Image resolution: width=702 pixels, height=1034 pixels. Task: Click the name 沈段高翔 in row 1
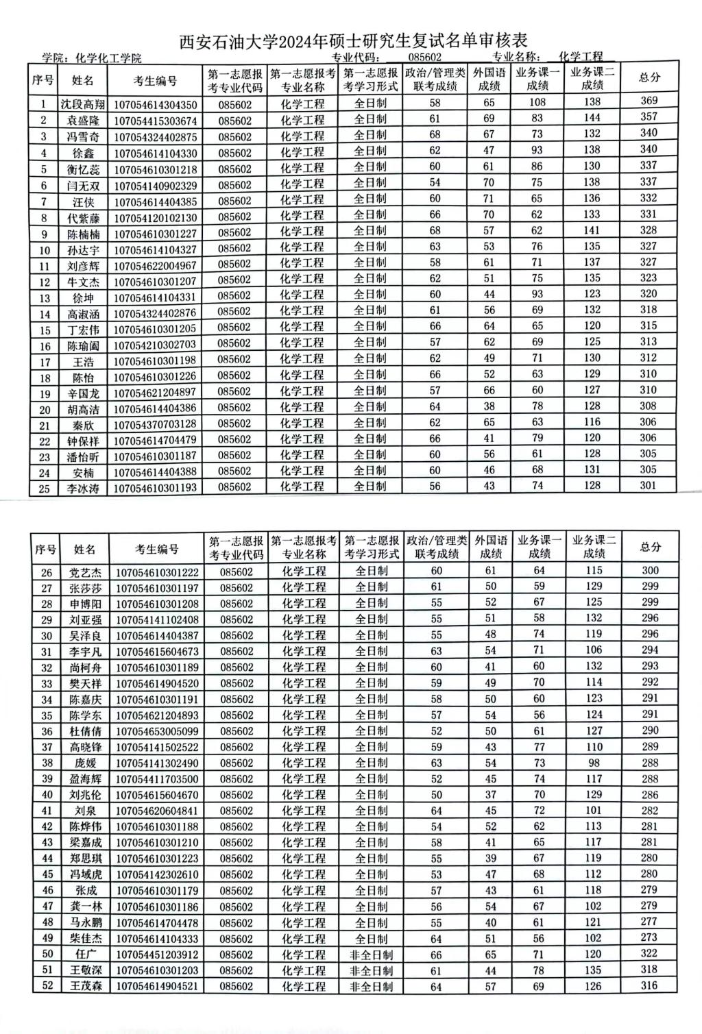click(x=83, y=105)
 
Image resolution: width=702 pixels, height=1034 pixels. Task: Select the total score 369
click(x=649, y=101)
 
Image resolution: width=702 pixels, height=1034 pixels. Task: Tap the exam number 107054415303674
click(x=155, y=121)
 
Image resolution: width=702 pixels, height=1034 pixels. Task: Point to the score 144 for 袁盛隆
click(x=592, y=118)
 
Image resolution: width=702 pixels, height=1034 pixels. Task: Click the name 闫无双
click(x=83, y=185)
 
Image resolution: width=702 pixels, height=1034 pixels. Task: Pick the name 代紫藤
click(x=83, y=217)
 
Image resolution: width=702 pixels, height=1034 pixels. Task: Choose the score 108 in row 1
click(x=537, y=102)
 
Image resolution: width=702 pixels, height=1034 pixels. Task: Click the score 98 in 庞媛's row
click(x=594, y=763)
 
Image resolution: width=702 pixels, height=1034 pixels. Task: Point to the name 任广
click(x=85, y=955)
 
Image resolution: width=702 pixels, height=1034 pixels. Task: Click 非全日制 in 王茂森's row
click(x=371, y=987)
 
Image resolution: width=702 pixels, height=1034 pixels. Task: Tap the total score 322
click(x=650, y=953)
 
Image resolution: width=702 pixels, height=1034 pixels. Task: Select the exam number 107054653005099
click(x=157, y=731)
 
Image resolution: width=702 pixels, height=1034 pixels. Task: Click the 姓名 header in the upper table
click(x=83, y=80)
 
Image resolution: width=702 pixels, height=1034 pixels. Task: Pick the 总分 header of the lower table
click(x=650, y=547)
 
